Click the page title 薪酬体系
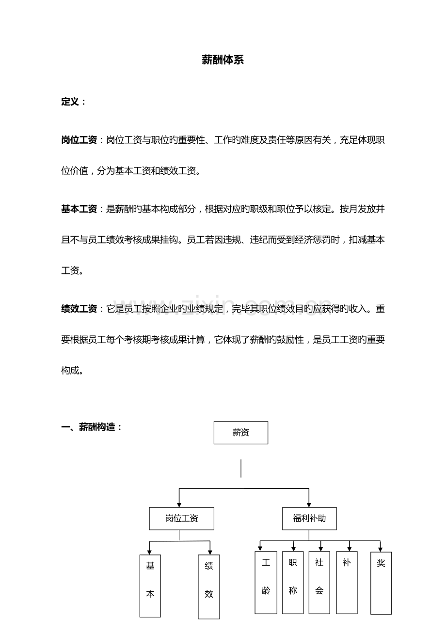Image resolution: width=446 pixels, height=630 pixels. click(x=223, y=60)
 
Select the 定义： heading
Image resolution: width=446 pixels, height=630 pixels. click(x=73, y=102)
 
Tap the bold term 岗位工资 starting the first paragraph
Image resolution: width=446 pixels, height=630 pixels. click(x=79, y=140)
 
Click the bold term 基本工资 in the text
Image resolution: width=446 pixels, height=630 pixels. click(x=79, y=209)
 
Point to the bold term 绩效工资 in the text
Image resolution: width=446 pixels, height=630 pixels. click(x=79, y=309)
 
